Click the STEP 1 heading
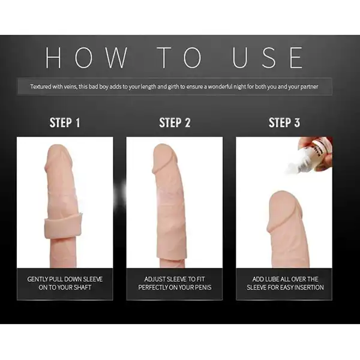(65, 123)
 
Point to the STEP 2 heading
(175, 123)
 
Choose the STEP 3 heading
(284, 123)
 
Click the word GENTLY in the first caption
(41, 279)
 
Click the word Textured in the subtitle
(41, 86)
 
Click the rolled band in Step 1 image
(64, 227)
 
